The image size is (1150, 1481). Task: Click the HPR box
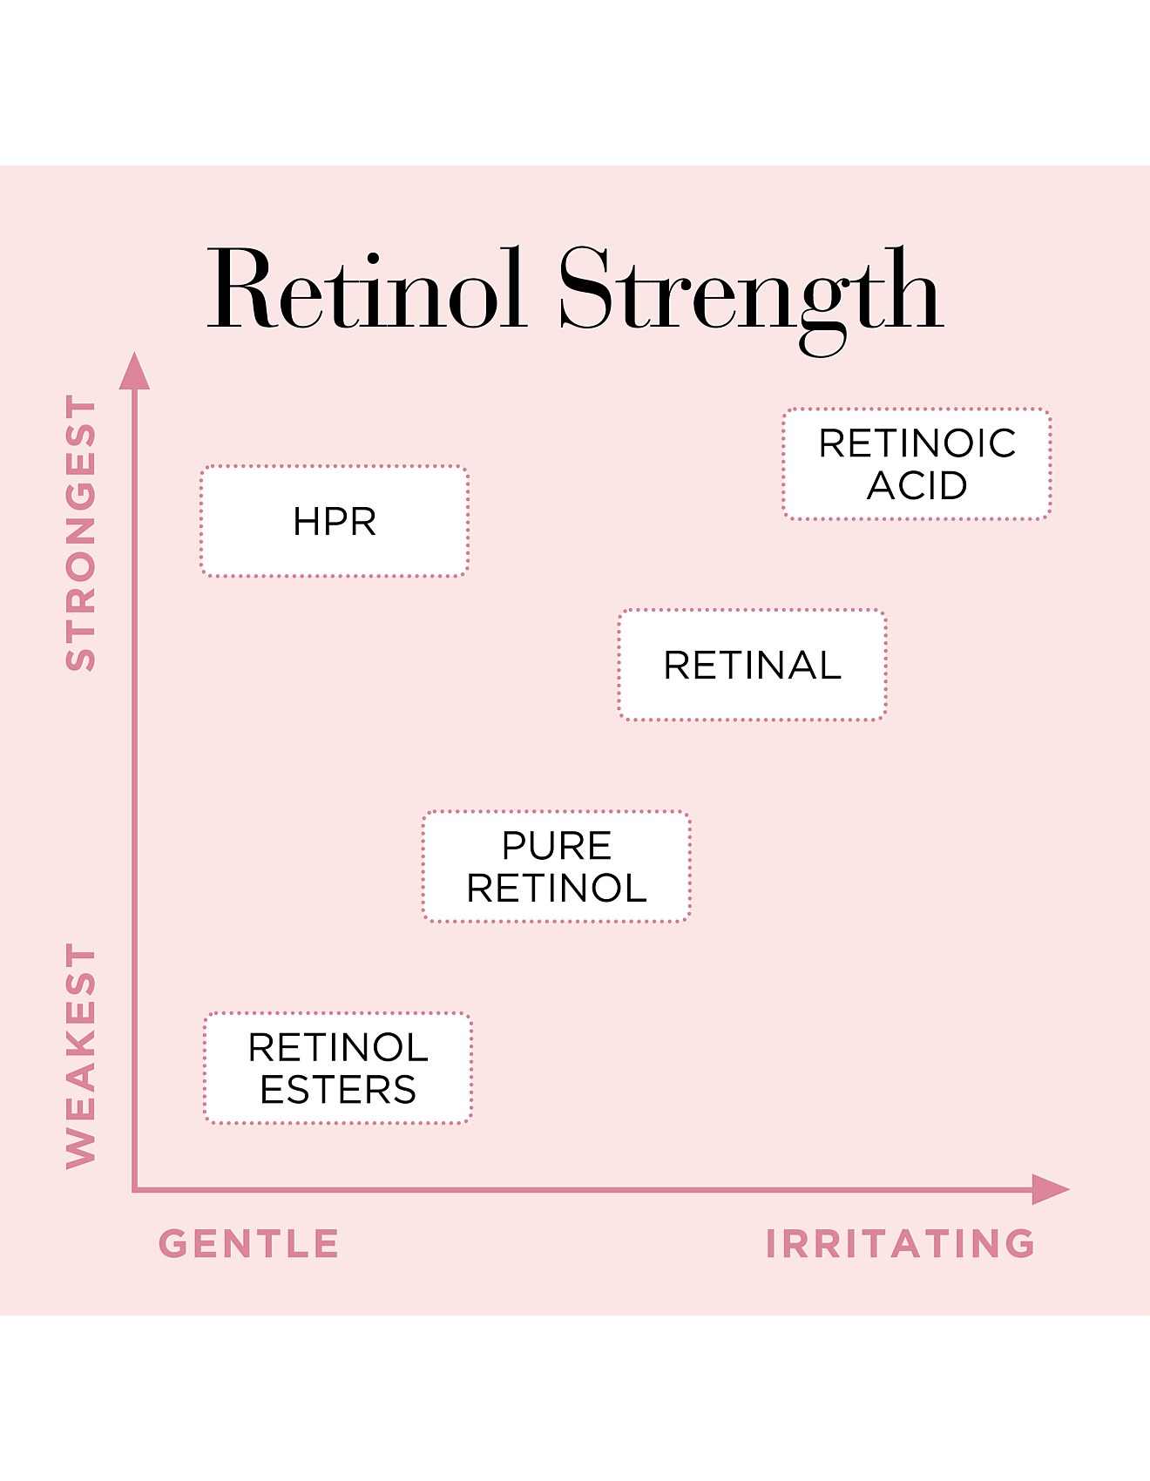point(335,521)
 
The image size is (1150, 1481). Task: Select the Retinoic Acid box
point(917,463)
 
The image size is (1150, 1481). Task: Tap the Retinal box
point(752,665)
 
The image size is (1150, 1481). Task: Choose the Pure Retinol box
point(556,866)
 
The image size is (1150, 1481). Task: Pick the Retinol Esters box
point(338,1068)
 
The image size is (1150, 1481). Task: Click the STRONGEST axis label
point(81,532)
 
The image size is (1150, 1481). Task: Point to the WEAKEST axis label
point(81,1055)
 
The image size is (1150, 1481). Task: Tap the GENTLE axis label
point(249,1243)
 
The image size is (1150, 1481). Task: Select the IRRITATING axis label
point(901,1243)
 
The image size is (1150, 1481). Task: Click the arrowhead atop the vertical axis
point(134,372)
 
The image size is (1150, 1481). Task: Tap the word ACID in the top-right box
point(917,485)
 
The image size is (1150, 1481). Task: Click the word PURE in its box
point(556,845)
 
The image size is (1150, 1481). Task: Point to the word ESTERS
point(338,1090)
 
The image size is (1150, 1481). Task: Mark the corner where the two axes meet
point(134,1189)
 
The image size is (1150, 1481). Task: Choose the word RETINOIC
point(917,443)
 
